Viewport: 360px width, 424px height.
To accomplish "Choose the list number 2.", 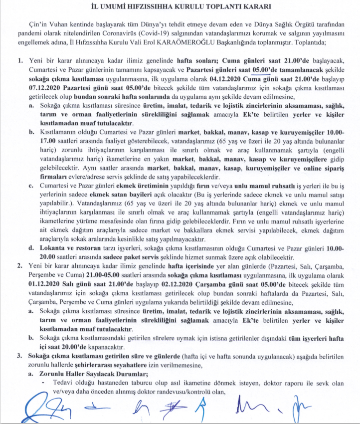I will coord(19,279).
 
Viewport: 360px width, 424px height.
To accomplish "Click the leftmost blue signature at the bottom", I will coord(37,407).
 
